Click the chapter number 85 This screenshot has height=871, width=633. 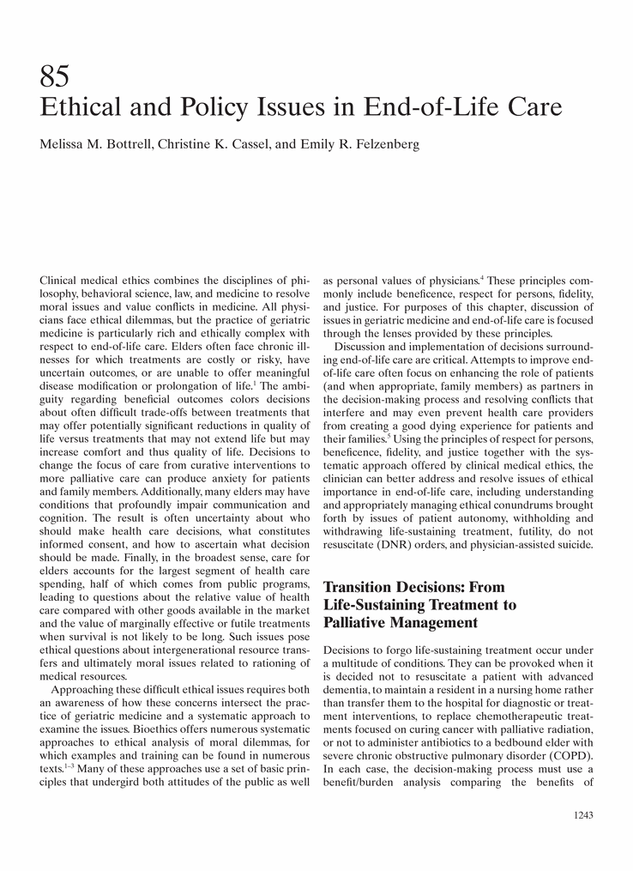point(55,78)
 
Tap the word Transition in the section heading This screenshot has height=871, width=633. point(362,587)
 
